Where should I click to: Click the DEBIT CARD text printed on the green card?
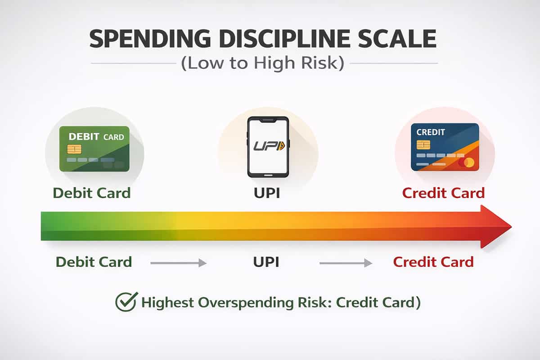tap(96, 136)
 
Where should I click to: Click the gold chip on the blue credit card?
tap(423, 144)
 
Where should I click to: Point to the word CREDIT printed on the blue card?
tap(431, 132)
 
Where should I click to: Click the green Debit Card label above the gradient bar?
tap(91, 193)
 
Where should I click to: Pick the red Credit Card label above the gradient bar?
tap(443, 193)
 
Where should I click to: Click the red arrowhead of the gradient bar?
tap(495, 226)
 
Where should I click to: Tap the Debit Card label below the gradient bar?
tap(94, 261)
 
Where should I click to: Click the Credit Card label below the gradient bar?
tap(433, 261)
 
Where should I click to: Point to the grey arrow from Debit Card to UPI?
tap(178, 263)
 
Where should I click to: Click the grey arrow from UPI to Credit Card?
tap(346, 263)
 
